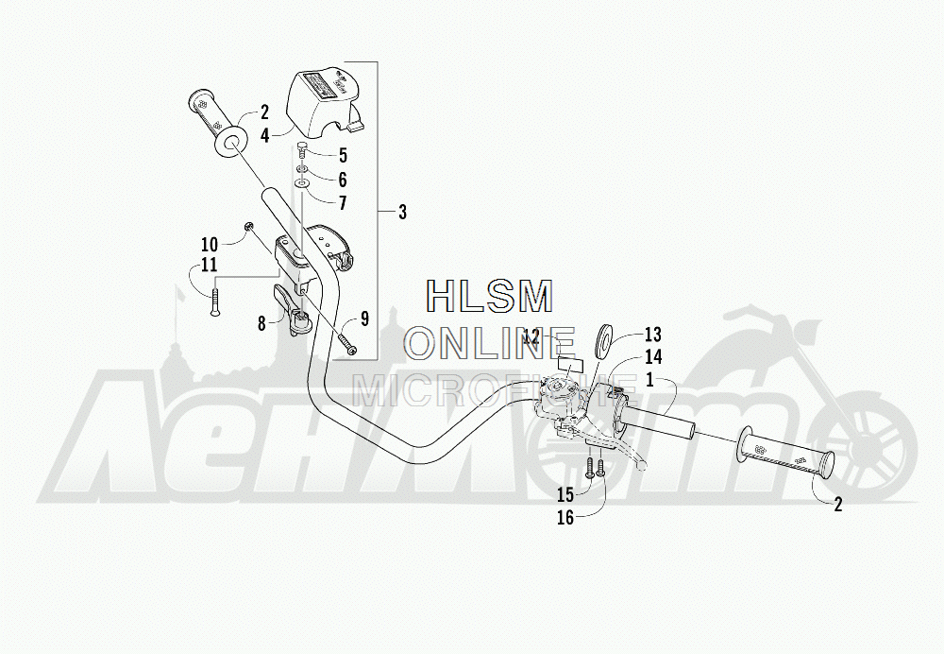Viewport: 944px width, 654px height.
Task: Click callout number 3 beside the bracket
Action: [x=402, y=213]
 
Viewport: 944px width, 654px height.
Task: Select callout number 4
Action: [x=265, y=136]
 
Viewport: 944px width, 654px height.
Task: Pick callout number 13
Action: [x=653, y=336]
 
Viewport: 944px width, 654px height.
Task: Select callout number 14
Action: [x=653, y=358]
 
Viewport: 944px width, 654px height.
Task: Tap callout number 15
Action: [x=564, y=494]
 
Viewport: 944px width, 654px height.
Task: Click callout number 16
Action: [x=564, y=516]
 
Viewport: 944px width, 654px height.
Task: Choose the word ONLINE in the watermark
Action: [x=489, y=342]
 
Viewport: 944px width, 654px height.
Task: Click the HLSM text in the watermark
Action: [x=489, y=297]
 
